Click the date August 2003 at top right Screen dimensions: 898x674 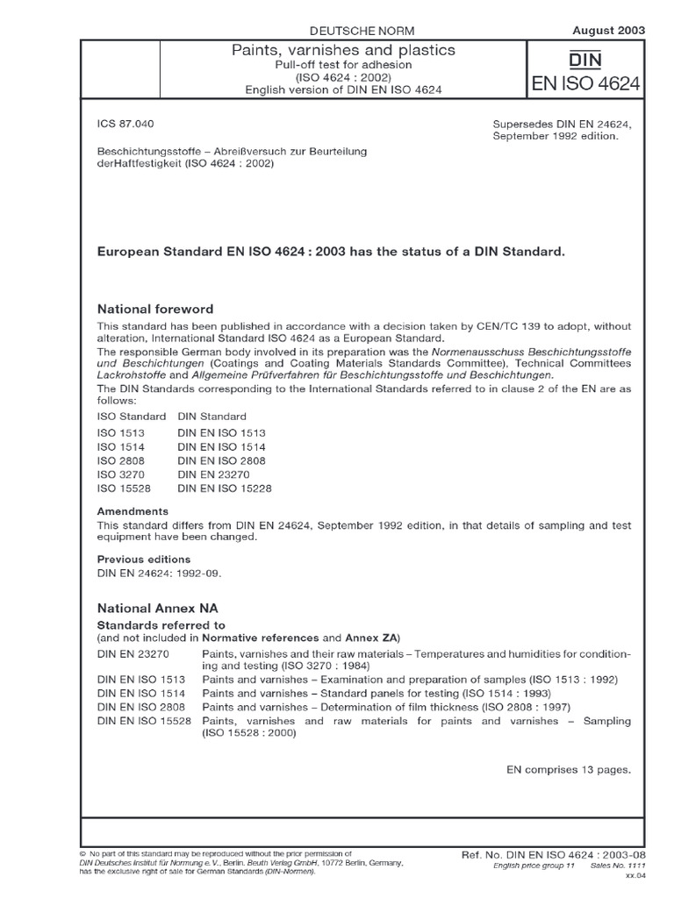click(608, 29)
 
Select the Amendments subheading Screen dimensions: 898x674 click(133, 511)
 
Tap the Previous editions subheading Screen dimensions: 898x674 click(143, 559)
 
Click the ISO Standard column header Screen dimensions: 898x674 click(131, 416)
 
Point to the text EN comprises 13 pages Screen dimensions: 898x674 click(569, 769)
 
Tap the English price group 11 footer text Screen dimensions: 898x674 click(533, 866)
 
